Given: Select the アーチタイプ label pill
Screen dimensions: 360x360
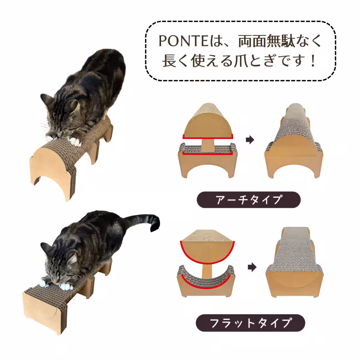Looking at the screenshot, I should point(248,200).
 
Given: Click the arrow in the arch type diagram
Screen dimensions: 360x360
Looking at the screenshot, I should point(250,140).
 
